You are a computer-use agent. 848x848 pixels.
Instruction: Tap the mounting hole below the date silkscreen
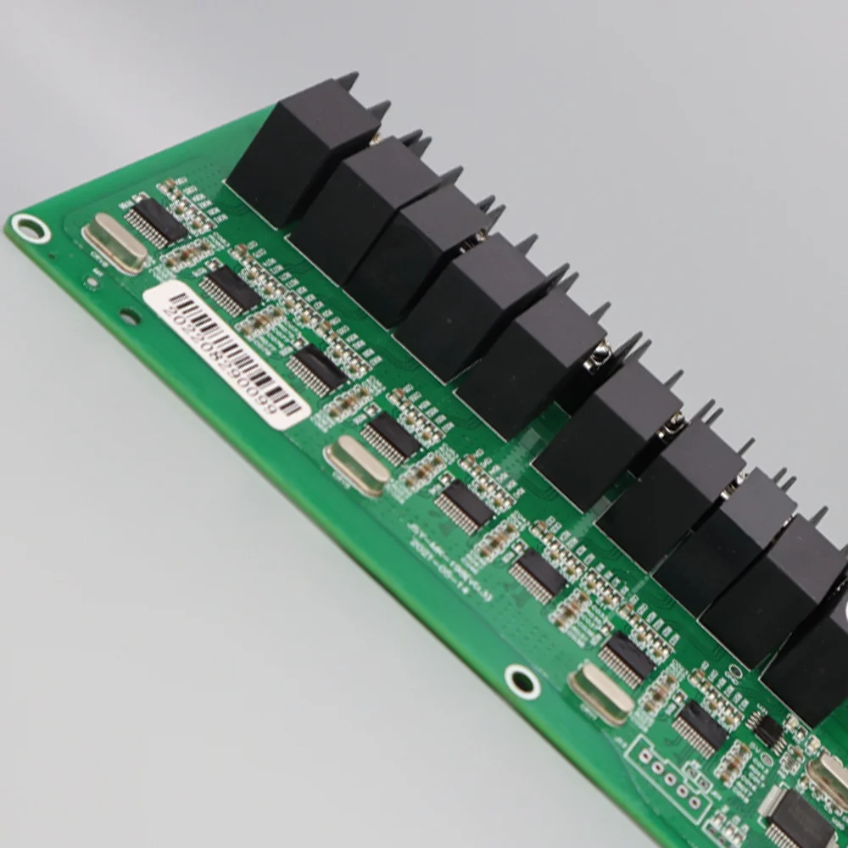tap(522, 680)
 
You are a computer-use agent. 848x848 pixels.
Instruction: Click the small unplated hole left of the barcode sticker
tap(129, 316)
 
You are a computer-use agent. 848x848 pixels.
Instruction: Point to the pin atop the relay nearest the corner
tap(347, 81)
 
